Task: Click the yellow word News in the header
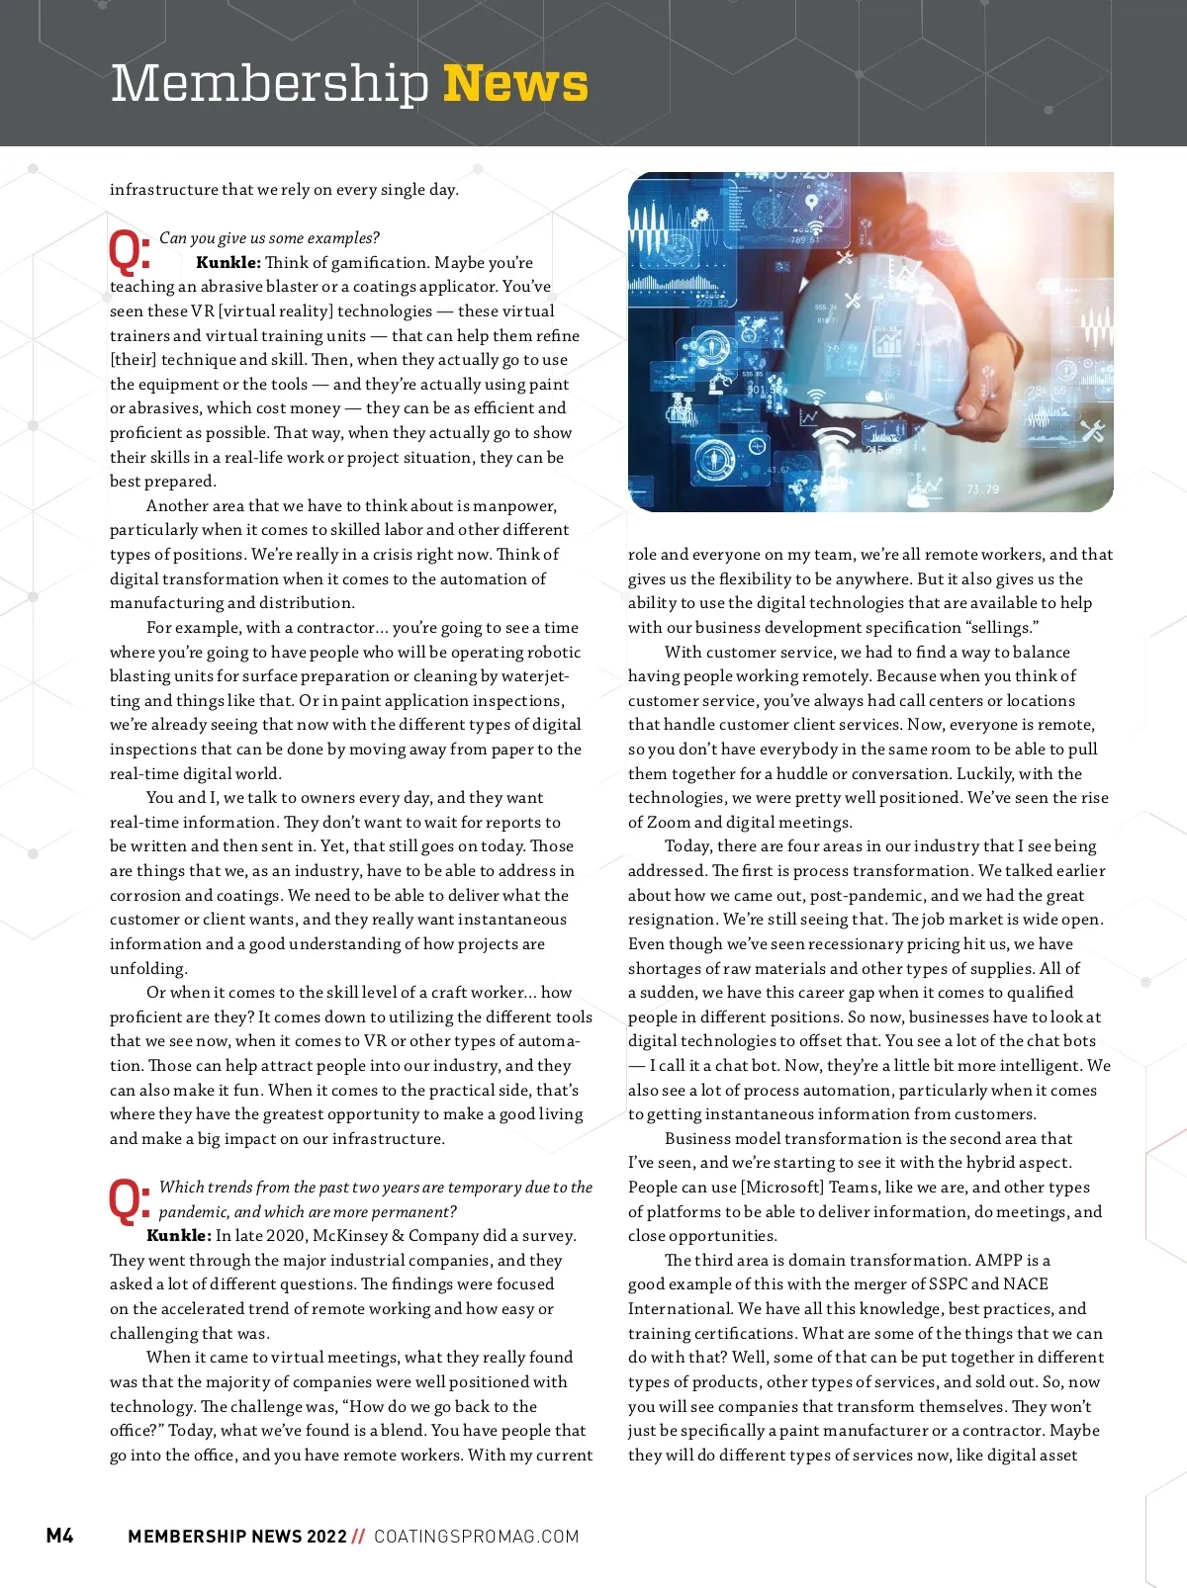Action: [515, 84]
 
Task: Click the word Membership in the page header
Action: [269, 84]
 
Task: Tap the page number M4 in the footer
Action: [59, 1535]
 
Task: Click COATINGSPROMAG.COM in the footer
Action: [476, 1536]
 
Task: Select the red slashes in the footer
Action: [358, 1536]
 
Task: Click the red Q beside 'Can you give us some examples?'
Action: [129, 251]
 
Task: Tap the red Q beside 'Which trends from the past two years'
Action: [129, 1199]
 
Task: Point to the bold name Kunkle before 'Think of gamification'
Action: [228, 263]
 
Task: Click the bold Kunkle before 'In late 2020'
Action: [178, 1236]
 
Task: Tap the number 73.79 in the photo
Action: [982, 489]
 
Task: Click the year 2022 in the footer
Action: [326, 1536]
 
